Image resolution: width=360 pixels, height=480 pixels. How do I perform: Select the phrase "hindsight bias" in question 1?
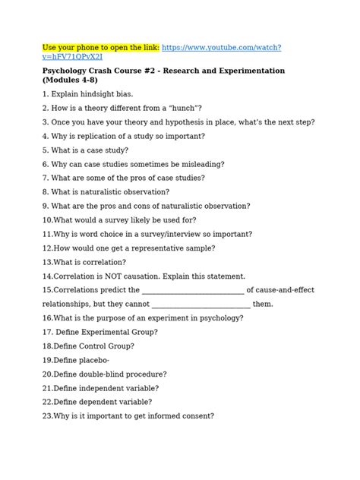(x=108, y=93)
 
